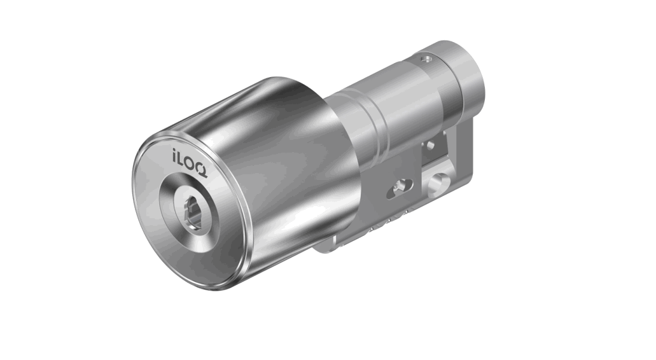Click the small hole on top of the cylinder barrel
pos(426,59)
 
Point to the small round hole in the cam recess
pos(433,146)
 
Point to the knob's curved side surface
pos(280,165)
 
